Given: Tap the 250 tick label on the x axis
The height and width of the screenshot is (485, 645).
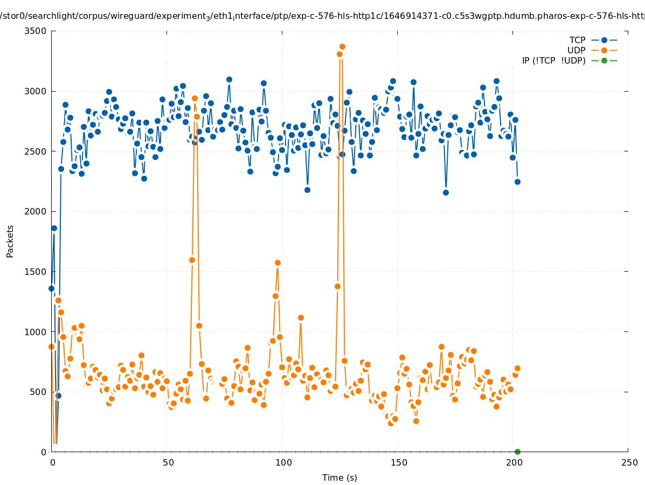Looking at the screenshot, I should pos(628,462).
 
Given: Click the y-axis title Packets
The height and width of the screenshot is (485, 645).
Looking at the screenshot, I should pos(10,241).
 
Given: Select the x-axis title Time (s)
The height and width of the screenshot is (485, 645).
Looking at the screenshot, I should pos(339,477).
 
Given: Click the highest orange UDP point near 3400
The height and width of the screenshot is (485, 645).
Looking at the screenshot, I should pos(342,47).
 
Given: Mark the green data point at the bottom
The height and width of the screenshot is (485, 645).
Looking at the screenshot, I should pos(517,452).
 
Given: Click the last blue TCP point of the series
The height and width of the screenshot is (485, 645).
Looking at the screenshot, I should pos(517,182).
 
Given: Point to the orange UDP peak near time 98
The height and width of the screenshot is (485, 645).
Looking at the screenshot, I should pos(278,263).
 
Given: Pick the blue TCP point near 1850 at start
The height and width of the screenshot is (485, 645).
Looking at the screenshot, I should pos(54,228).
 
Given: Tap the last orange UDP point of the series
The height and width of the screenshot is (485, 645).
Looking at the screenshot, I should pos(517,368).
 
